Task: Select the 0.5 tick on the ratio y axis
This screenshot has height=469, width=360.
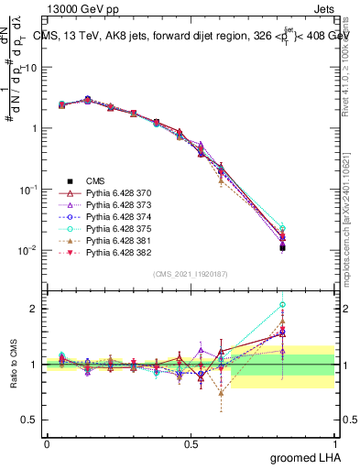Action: pos(28,420)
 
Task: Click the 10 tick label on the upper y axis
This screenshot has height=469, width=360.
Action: pos(31,68)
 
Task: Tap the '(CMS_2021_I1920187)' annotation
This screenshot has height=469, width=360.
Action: pos(190,273)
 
